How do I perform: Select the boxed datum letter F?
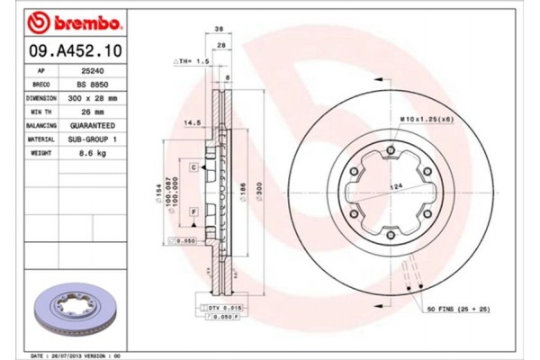pos(193,211)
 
